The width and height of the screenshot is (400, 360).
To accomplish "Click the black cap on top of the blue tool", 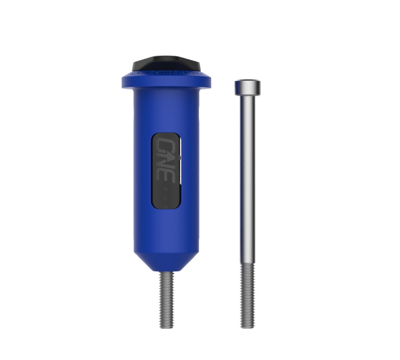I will coord(166,64).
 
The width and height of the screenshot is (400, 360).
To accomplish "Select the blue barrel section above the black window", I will coord(166,112).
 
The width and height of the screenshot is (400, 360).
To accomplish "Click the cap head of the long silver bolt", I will coord(247,87).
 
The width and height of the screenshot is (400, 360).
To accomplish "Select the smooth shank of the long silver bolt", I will coord(247,178).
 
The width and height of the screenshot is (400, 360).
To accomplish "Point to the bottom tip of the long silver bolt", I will coord(247,327).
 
